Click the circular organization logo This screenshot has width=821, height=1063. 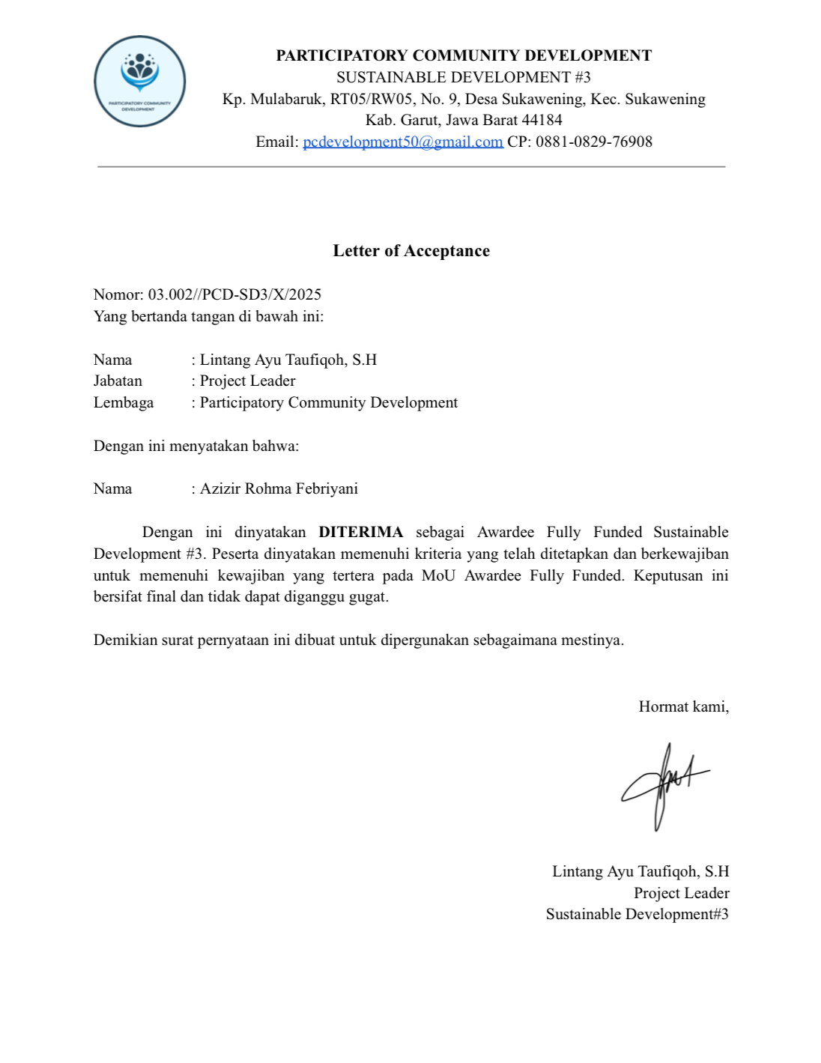[x=139, y=81]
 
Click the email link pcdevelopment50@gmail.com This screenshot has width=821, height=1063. [x=402, y=142]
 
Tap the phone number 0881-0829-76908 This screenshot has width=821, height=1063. [x=593, y=142]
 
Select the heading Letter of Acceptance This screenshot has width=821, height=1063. [x=411, y=251]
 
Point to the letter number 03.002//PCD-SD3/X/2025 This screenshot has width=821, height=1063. [x=234, y=294]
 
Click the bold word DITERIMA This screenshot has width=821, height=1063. [x=360, y=532]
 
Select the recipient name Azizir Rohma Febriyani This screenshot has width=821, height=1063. [x=279, y=488]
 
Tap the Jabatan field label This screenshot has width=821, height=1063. [x=118, y=381]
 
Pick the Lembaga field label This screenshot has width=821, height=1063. [x=124, y=402]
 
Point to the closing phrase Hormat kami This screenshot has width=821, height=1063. [x=683, y=706]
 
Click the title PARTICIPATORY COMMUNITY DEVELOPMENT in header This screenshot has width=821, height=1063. [x=464, y=55]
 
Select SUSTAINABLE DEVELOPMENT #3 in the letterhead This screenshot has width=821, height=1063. [x=463, y=77]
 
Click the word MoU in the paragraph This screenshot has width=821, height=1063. [x=438, y=575]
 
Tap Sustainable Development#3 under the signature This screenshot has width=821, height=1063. [x=637, y=914]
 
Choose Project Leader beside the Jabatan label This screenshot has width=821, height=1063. [x=247, y=381]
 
